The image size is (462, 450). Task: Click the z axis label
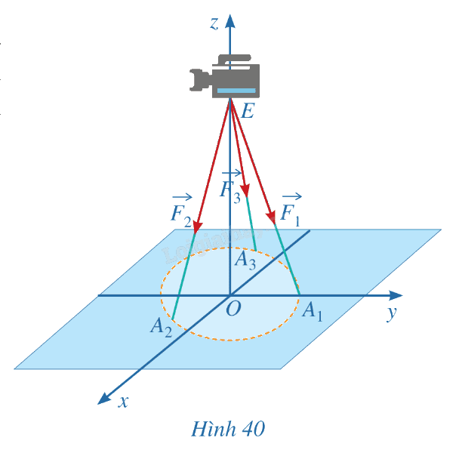pyautogui.click(x=214, y=23)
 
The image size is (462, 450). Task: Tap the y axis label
pyautogui.click(x=392, y=313)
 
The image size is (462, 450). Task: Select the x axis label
pyautogui.click(x=124, y=402)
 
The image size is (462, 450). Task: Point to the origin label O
pyautogui.click(x=233, y=309)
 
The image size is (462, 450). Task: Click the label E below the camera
pyautogui.click(x=247, y=111)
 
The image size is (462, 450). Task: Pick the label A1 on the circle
pyautogui.click(x=313, y=312)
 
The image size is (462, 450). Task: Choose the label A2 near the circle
pyautogui.click(x=161, y=327)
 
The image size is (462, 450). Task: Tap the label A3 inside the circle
pyautogui.click(x=245, y=260)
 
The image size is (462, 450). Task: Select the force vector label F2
pyautogui.click(x=181, y=211)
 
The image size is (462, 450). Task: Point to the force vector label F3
pyautogui.click(x=231, y=186)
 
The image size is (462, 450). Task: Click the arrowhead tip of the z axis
pyautogui.click(x=230, y=14)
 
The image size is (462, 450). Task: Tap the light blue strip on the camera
pyautogui.click(x=236, y=91)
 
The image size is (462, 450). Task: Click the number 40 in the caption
pyautogui.click(x=254, y=429)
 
